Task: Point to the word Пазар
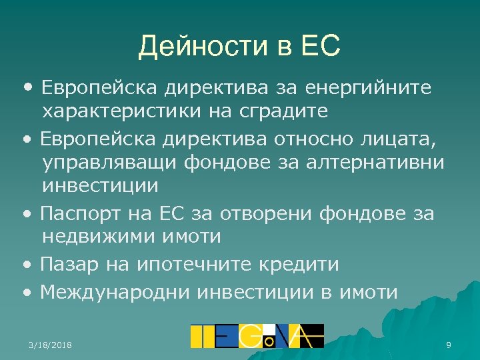pos(68,264)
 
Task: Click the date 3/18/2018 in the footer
pos(51,345)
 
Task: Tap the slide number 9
pos(449,345)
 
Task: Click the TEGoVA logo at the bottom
pos(257,336)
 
